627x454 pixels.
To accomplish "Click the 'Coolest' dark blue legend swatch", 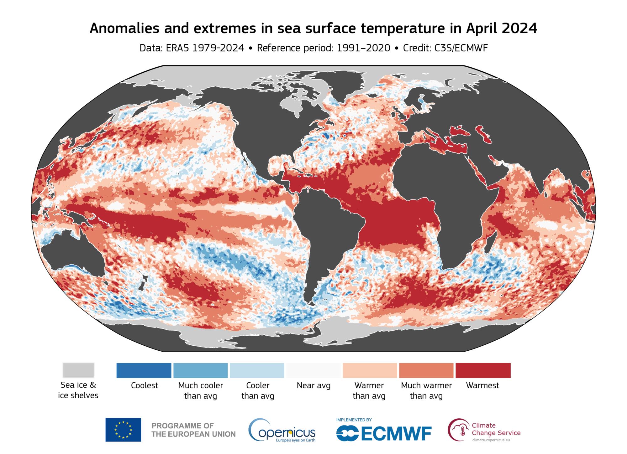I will pyautogui.click(x=144, y=370).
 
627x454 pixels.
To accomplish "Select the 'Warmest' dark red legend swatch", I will pyautogui.click(x=483, y=370).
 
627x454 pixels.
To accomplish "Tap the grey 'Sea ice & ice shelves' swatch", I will pyautogui.click(x=78, y=370).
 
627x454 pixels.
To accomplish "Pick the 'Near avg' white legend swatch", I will pyautogui.click(x=313, y=370).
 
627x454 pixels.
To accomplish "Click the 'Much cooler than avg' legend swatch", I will pyautogui.click(x=201, y=370).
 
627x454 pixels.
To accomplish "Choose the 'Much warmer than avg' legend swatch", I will pyautogui.click(x=426, y=370).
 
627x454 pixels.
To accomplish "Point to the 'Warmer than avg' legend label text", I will pyautogui.click(x=369, y=390).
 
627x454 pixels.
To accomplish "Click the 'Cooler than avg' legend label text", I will pyautogui.click(x=258, y=390).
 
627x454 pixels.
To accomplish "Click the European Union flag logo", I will pyautogui.click(x=123, y=430).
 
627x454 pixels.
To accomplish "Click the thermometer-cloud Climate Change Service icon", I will pyautogui.click(x=459, y=430).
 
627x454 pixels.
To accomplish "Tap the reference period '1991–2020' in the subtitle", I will pyautogui.click(x=363, y=48).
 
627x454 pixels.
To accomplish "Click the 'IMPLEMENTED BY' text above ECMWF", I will pyautogui.click(x=354, y=420).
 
